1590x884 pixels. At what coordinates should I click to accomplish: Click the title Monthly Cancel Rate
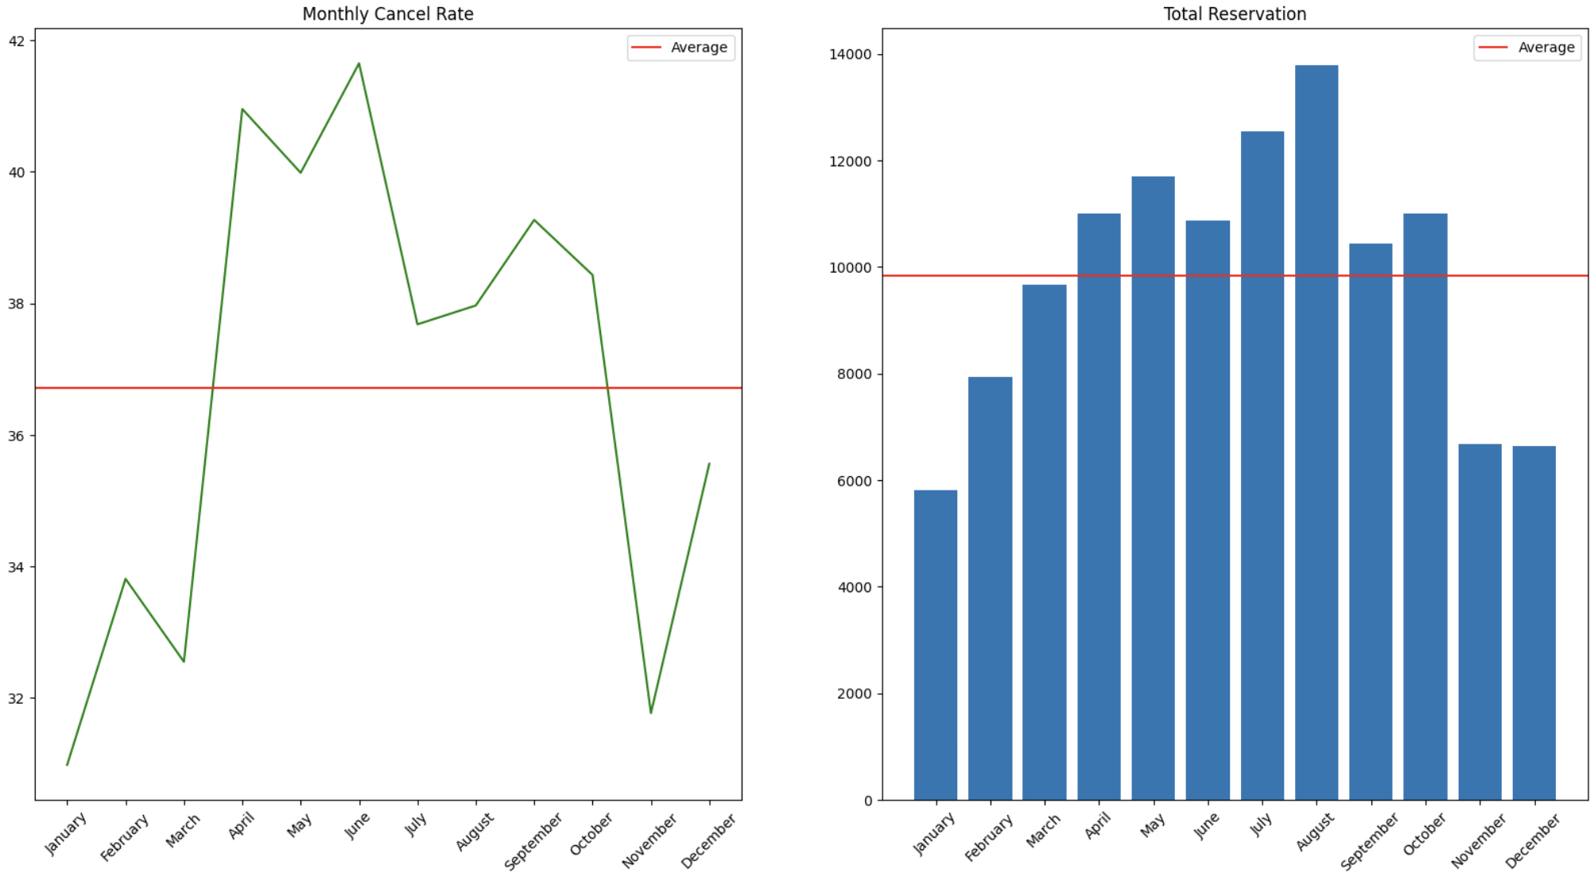coord(388,14)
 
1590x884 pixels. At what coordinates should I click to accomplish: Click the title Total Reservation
coord(1235,14)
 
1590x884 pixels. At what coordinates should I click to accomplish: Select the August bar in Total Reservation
coord(1317,432)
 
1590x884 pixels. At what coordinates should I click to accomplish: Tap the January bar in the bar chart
coord(936,646)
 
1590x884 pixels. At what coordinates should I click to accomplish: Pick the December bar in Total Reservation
coord(1534,623)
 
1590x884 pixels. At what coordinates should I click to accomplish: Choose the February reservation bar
coord(991,588)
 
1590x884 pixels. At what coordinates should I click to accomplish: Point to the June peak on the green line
coord(359,64)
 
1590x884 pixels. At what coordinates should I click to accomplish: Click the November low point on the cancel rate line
coord(651,712)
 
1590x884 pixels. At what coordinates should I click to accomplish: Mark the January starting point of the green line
coord(68,765)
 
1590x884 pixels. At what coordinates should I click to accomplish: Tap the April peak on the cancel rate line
coord(242,109)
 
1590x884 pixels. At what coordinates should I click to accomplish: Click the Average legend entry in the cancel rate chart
coord(681,48)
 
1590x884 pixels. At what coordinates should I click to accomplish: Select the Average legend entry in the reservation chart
coord(1527,48)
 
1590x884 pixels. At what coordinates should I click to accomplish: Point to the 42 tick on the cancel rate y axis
coord(17,41)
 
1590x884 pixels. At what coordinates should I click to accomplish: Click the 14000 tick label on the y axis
coord(851,55)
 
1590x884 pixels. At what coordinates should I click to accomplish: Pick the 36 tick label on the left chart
coord(17,436)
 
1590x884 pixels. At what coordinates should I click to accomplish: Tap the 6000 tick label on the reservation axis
coord(855,481)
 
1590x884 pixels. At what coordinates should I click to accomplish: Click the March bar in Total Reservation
coord(1045,542)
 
